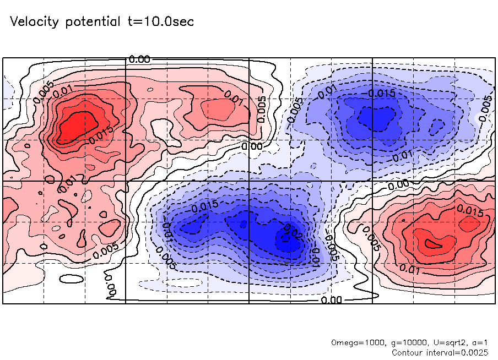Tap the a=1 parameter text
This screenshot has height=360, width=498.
click(474, 342)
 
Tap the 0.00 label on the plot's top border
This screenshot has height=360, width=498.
click(139, 59)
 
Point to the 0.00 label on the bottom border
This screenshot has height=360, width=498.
click(331, 300)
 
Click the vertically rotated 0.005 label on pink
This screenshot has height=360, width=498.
click(262, 109)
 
